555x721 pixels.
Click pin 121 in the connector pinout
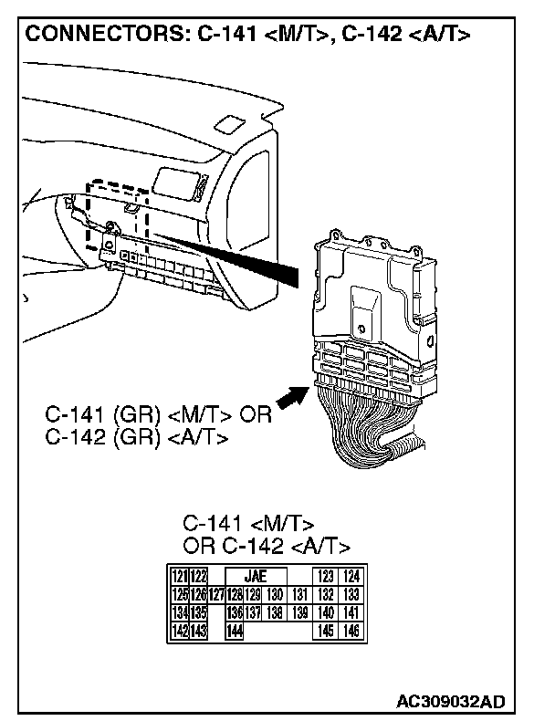click(180, 576)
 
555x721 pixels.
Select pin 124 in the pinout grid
click(351, 576)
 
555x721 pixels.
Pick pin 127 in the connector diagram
click(217, 594)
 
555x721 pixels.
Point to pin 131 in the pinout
click(298, 594)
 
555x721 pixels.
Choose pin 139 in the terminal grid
click(298, 612)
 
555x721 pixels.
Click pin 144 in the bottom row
click(235, 631)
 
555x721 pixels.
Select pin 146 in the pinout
click(351, 631)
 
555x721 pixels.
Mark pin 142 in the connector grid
click(180, 631)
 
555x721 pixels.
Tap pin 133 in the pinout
click(351, 594)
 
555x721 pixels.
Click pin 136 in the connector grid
click(235, 612)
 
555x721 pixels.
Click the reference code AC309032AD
click(449, 702)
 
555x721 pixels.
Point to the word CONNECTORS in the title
click(104, 36)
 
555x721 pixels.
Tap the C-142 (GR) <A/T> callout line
click(136, 438)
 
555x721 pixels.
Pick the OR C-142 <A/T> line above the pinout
click(267, 547)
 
